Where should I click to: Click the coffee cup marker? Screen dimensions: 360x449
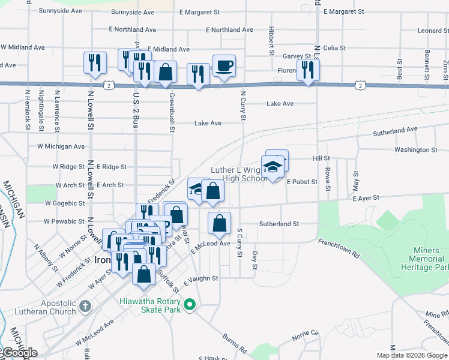click(x=224, y=65)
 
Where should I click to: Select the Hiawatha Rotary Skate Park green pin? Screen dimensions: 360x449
click(x=190, y=305)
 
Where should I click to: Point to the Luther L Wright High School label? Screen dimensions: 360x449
click(x=245, y=174)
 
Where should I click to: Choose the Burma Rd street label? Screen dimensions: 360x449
click(x=235, y=343)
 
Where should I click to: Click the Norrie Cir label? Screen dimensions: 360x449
click(x=306, y=334)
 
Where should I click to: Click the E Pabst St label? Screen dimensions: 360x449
click(x=301, y=181)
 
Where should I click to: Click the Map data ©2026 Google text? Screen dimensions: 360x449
click(x=412, y=355)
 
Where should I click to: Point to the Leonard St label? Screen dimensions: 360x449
click(x=429, y=31)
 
